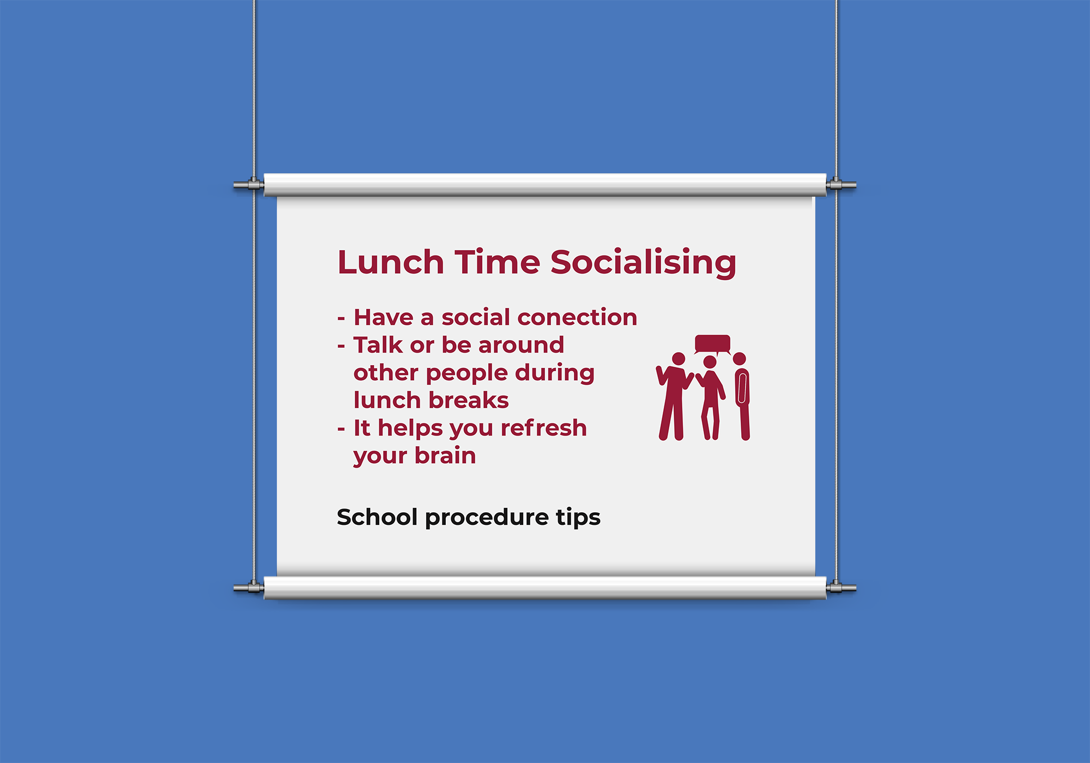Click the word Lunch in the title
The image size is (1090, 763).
(391, 262)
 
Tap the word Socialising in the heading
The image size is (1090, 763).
(643, 263)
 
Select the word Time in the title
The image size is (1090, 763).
(497, 262)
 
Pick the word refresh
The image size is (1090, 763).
(543, 428)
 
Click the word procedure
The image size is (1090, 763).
(487, 518)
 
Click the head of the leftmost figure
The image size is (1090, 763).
(679, 359)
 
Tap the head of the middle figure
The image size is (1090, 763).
(710, 362)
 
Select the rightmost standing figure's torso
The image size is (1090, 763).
(742, 387)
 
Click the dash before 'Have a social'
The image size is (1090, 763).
(341, 319)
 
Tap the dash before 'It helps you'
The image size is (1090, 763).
(341, 429)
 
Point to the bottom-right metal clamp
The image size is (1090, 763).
(841, 588)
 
